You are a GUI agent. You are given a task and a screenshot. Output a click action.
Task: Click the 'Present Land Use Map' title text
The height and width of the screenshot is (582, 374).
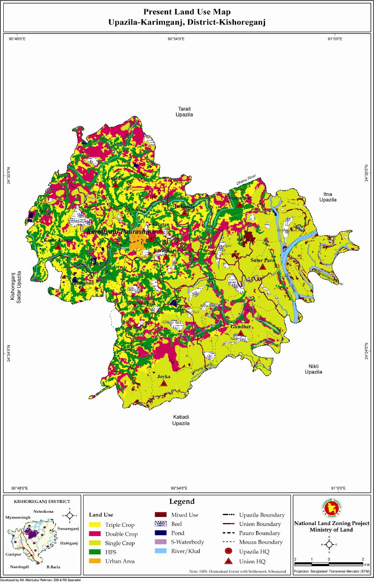[x=187, y=12]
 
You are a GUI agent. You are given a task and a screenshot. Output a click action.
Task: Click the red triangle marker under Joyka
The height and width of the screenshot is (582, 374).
[x=164, y=383]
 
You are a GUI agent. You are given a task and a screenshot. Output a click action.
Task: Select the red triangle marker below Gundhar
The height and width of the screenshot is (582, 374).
[x=240, y=334]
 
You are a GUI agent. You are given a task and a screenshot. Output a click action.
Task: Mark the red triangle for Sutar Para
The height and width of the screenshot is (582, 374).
[x=263, y=267]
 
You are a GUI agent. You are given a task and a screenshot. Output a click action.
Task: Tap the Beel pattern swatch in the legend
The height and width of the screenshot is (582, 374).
[x=161, y=524]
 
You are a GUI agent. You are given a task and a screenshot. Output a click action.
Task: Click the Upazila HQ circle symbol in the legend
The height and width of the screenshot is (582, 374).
[x=229, y=552]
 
